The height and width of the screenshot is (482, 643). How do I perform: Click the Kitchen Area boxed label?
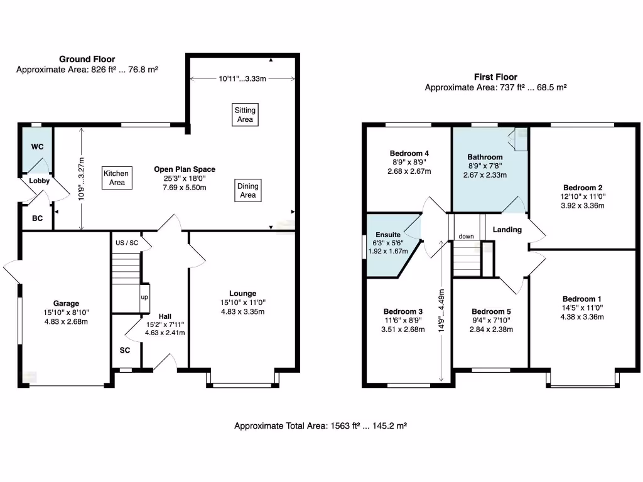tap(116, 178)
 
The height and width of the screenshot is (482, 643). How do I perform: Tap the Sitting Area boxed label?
tap(245, 114)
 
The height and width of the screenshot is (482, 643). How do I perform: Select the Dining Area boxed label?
tap(248, 190)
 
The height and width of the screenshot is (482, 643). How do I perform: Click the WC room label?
tap(38, 146)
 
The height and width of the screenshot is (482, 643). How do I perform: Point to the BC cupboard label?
tap(37, 220)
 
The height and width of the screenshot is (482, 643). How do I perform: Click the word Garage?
tap(66, 304)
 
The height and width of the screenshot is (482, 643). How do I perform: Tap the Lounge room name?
tap(242, 293)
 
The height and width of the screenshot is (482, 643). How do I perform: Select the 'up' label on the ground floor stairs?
tap(144, 297)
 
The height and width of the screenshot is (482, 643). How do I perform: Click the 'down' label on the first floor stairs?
tap(467, 237)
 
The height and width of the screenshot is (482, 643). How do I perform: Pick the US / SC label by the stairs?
tap(126, 242)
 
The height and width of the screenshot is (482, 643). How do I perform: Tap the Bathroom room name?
tap(485, 157)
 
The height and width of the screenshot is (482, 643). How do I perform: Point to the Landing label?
tap(507, 230)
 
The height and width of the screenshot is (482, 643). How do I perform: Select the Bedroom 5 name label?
tap(491, 311)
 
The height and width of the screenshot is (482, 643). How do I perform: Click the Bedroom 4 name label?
tap(409, 153)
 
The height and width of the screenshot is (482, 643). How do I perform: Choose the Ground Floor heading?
tap(87, 59)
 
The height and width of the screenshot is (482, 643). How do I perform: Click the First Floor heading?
tap(495, 77)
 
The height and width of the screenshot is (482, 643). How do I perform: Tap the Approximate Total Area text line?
tap(321, 426)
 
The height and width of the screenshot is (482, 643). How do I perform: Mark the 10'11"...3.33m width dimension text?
tap(243, 79)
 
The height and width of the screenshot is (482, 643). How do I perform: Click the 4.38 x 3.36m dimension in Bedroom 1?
tap(581, 317)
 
